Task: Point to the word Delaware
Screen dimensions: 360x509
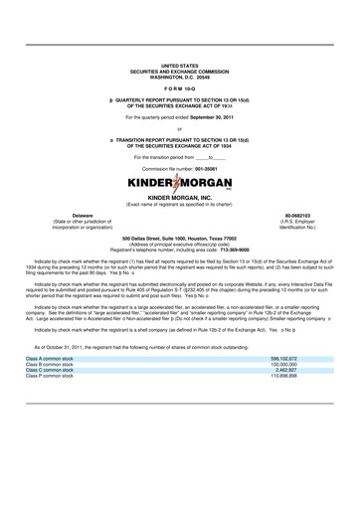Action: (x=55, y=214)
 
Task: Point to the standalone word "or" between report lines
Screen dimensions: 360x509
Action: (x=179, y=129)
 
